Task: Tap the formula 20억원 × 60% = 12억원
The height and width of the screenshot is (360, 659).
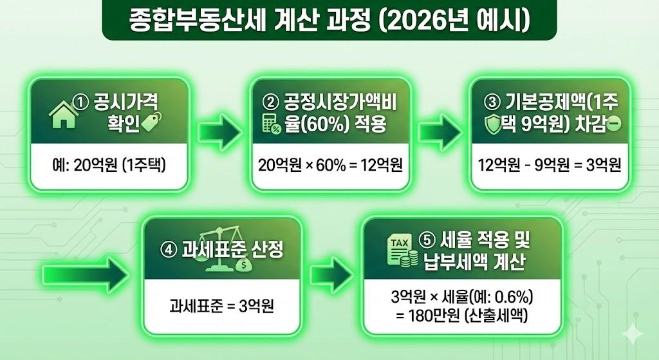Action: [330, 166]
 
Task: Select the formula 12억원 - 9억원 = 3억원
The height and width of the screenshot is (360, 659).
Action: [549, 166]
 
